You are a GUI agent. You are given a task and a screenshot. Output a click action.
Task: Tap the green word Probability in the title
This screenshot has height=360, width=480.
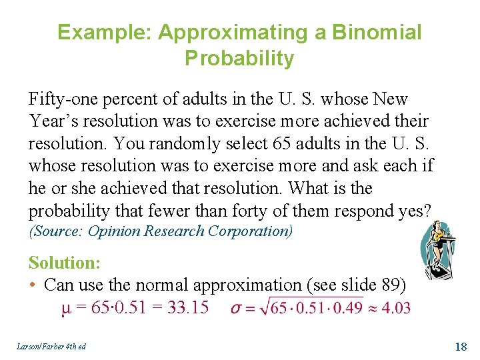click(239, 59)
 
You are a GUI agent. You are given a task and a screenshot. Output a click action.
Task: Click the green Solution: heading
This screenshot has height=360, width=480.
click(64, 262)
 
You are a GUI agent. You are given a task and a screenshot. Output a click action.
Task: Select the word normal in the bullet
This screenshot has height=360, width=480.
click(163, 285)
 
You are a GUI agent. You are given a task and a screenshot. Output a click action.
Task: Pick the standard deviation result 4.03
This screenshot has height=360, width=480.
click(396, 308)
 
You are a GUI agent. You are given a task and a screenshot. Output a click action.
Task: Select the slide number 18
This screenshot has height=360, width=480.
click(461, 346)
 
